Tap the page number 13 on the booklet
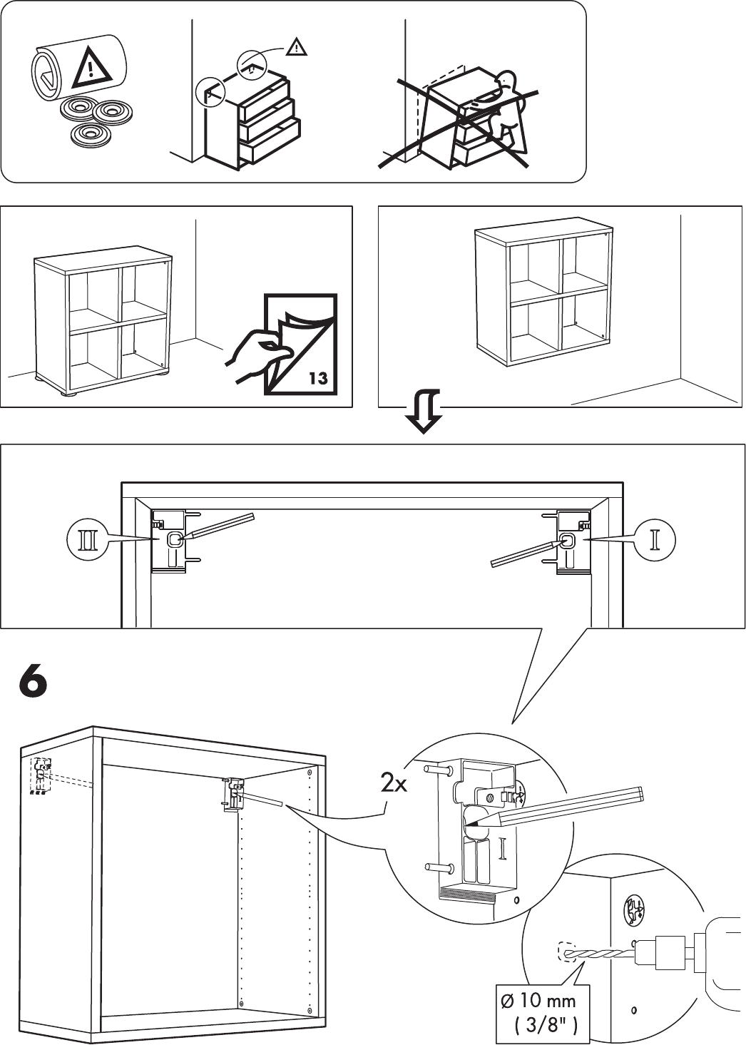(317, 377)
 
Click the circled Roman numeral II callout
(86, 540)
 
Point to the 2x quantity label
(394, 785)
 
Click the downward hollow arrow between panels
(423, 412)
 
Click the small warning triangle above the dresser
(295, 48)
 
